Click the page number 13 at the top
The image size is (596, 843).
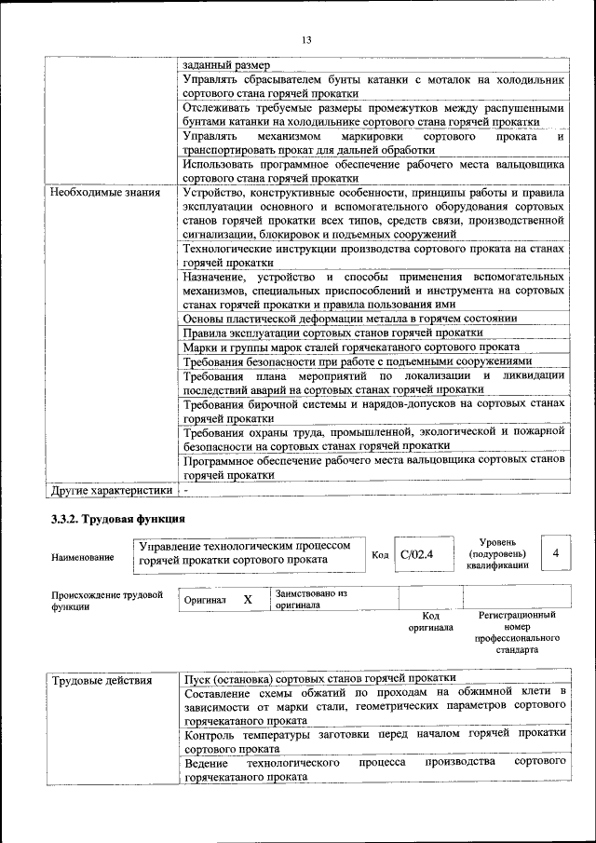click(306, 39)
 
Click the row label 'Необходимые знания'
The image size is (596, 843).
click(102, 193)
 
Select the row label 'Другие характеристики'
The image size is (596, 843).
click(112, 489)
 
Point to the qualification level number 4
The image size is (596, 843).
click(556, 554)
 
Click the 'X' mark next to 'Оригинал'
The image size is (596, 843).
click(248, 600)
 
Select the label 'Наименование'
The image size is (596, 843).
click(84, 557)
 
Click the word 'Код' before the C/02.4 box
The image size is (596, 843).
click(380, 555)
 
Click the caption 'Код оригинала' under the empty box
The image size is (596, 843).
click(430, 621)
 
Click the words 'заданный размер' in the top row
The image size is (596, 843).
click(226, 65)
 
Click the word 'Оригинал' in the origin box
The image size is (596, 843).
click(205, 601)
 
